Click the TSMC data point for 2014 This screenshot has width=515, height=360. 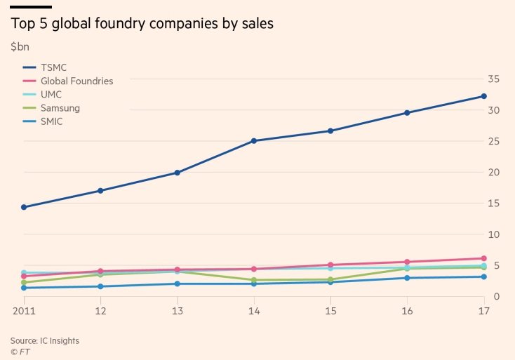(x=254, y=141)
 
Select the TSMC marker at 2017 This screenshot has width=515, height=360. (x=484, y=96)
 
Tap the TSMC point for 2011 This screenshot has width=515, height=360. (x=24, y=207)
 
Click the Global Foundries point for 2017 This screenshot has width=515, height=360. (x=484, y=258)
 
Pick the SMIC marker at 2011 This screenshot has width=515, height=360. (x=24, y=288)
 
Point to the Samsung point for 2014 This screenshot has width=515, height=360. (x=254, y=280)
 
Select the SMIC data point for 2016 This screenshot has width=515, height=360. (x=408, y=278)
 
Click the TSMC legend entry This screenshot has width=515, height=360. (x=53, y=67)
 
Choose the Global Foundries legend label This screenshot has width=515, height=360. (x=76, y=81)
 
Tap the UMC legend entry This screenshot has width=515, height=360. (x=52, y=95)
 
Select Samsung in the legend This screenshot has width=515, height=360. (x=60, y=108)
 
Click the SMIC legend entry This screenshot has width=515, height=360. (x=53, y=121)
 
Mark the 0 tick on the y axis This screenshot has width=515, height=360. (x=496, y=296)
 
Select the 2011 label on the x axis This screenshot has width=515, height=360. (x=24, y=309)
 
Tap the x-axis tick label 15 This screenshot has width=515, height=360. (x=330, y=309)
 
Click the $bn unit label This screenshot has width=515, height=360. (x=20, y=47)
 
